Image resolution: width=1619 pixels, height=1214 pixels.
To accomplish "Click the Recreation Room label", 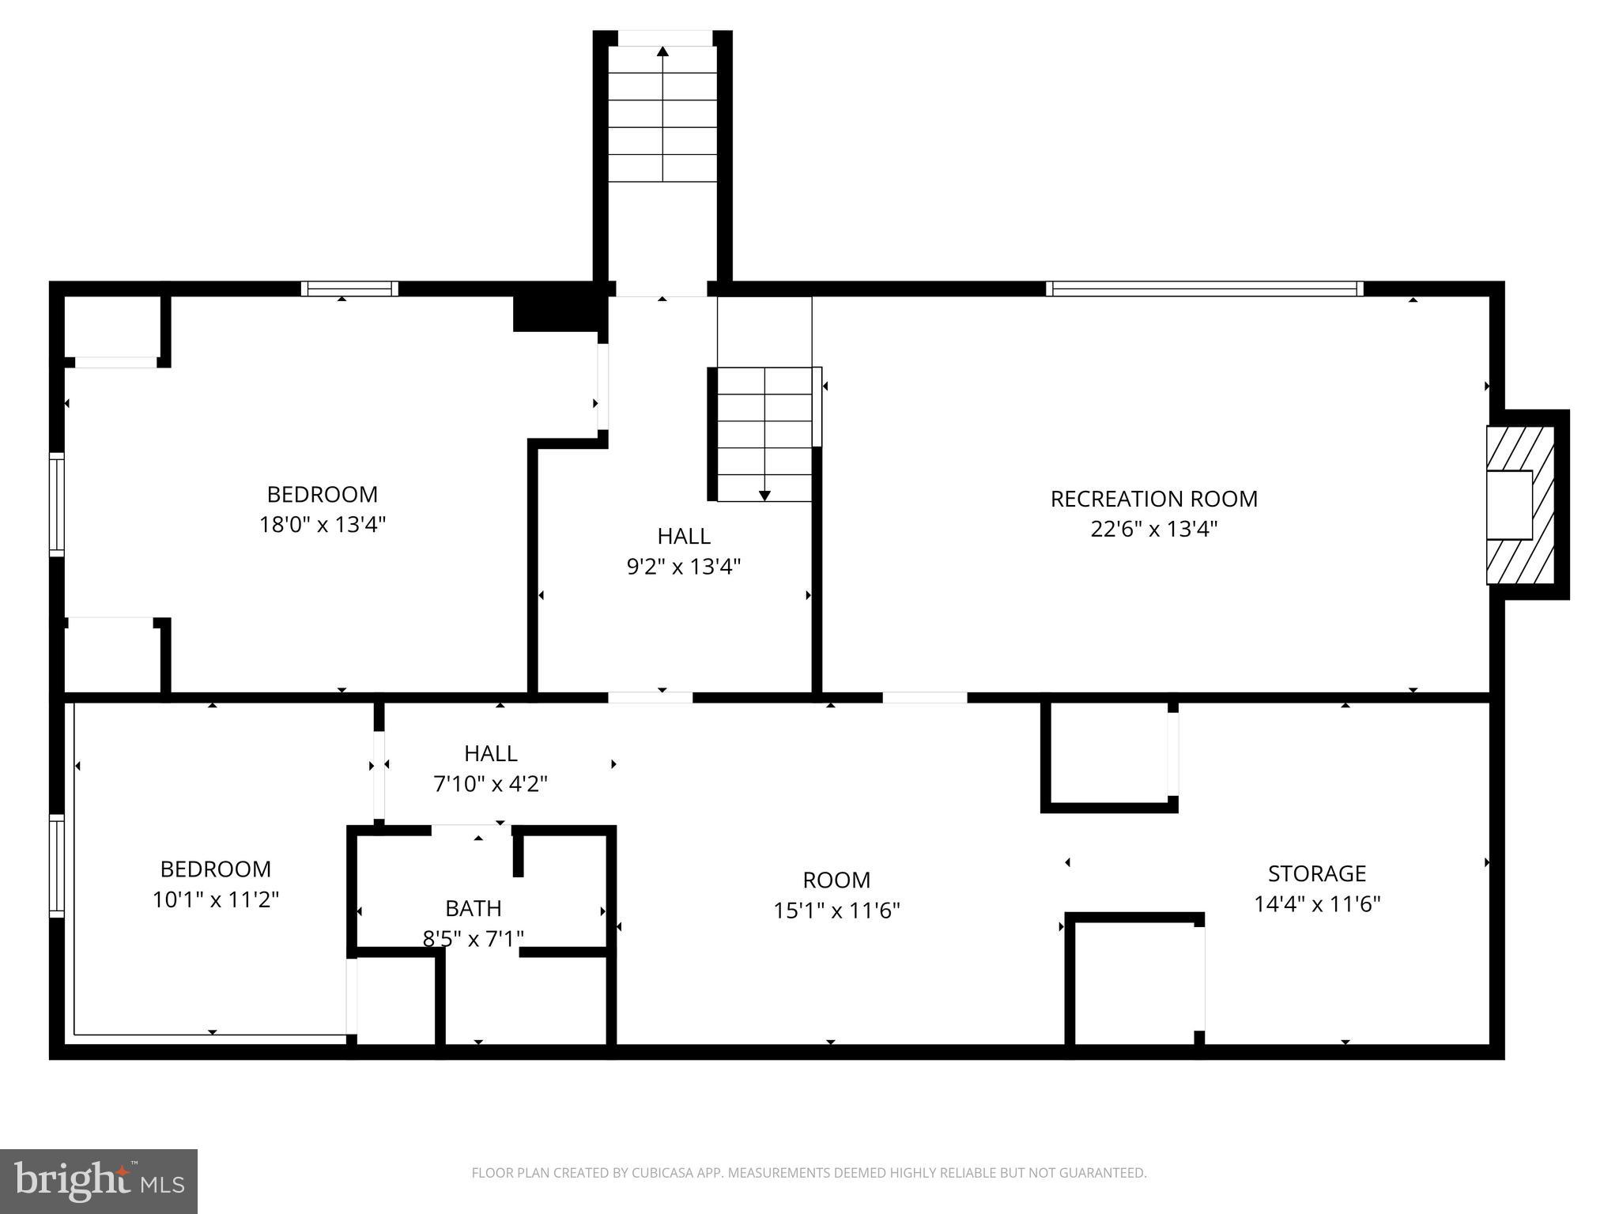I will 1153,499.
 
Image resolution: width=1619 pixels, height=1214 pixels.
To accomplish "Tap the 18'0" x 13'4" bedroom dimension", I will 322,525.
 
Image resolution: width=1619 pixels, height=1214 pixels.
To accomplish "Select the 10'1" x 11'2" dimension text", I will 216,899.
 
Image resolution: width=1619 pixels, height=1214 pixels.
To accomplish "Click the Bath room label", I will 473,908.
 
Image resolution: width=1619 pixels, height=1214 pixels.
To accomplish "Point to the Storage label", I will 1316,873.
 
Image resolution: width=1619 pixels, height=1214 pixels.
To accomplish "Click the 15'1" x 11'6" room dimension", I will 836,910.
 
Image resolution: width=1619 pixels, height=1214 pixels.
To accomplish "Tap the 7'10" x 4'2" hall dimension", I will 490,784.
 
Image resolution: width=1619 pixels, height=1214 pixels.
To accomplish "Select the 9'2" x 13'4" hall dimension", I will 684,567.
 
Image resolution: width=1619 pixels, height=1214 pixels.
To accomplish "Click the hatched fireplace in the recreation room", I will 1519,504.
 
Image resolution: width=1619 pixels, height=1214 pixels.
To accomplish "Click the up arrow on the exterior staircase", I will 662,52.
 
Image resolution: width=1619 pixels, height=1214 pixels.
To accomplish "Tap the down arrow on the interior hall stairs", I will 764,495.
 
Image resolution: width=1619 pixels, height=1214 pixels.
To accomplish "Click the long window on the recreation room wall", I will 1204,288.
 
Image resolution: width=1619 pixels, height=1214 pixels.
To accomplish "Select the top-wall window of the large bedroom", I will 349,288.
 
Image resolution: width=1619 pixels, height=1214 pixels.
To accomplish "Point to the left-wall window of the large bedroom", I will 56,504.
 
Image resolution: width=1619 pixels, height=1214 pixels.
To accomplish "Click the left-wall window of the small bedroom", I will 56,866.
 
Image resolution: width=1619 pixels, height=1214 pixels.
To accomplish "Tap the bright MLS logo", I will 98,1182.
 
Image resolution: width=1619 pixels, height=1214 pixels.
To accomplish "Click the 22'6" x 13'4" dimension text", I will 1153,529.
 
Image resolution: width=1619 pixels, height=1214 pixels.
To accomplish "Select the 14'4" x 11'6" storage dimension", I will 1316,903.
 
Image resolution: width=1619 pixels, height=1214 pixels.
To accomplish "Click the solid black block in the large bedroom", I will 556,312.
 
